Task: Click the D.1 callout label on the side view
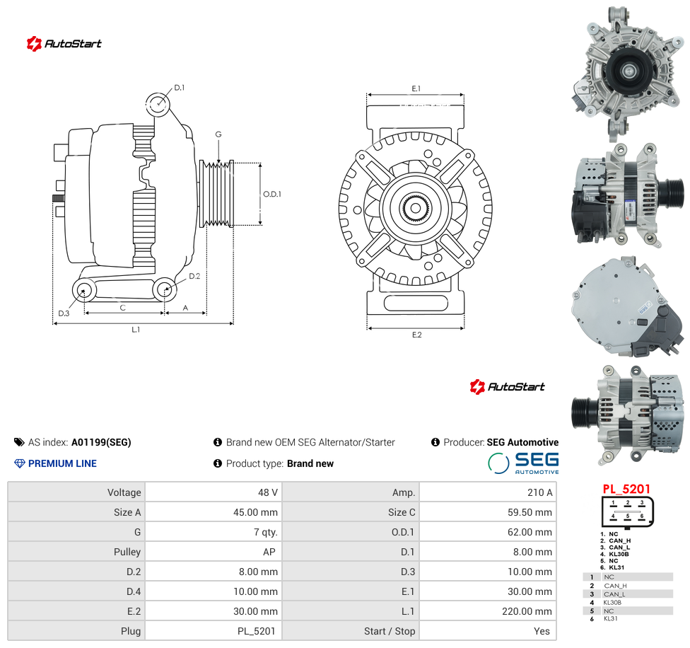179,88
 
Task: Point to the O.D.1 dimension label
272,194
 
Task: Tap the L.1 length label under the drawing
136,329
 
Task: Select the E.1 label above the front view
416,88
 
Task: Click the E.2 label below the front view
416,335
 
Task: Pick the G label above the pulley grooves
218,134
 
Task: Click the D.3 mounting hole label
64,313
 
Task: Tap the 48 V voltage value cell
267,492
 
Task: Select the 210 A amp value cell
539,492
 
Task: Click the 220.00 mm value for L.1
527,611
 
